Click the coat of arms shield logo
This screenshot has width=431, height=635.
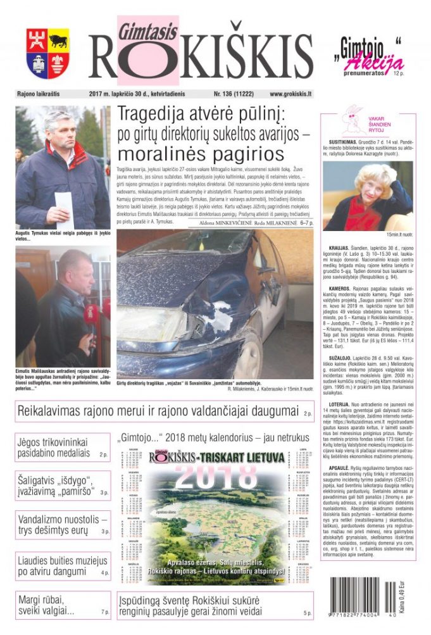click(48, 54)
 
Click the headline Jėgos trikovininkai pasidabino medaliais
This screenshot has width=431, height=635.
click(53, 448)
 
